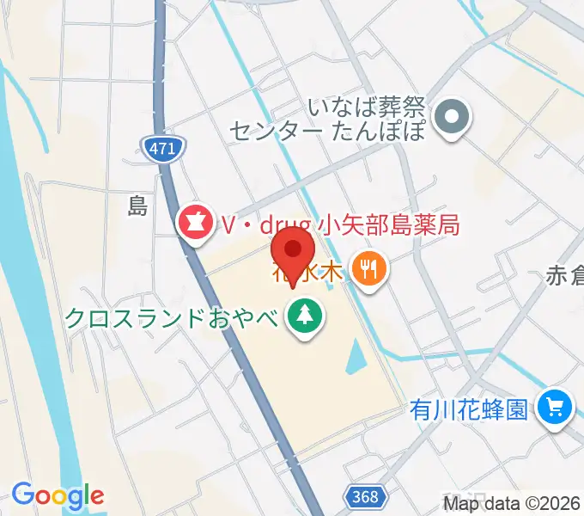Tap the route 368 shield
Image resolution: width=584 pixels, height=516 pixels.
[x=364, y=496]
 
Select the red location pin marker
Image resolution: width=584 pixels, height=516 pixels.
[x=293, y=250]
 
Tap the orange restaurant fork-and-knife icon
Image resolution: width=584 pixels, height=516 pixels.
[x=371, y=271]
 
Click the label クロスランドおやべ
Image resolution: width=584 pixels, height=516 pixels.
[x=172, y=318]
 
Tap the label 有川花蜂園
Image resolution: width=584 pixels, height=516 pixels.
[x=468, y=409]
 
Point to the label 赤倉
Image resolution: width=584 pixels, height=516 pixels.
[x=564, y=276]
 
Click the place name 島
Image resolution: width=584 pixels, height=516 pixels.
[x=137, y=205]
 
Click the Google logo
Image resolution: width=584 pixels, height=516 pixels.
[x=58, y=495]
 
